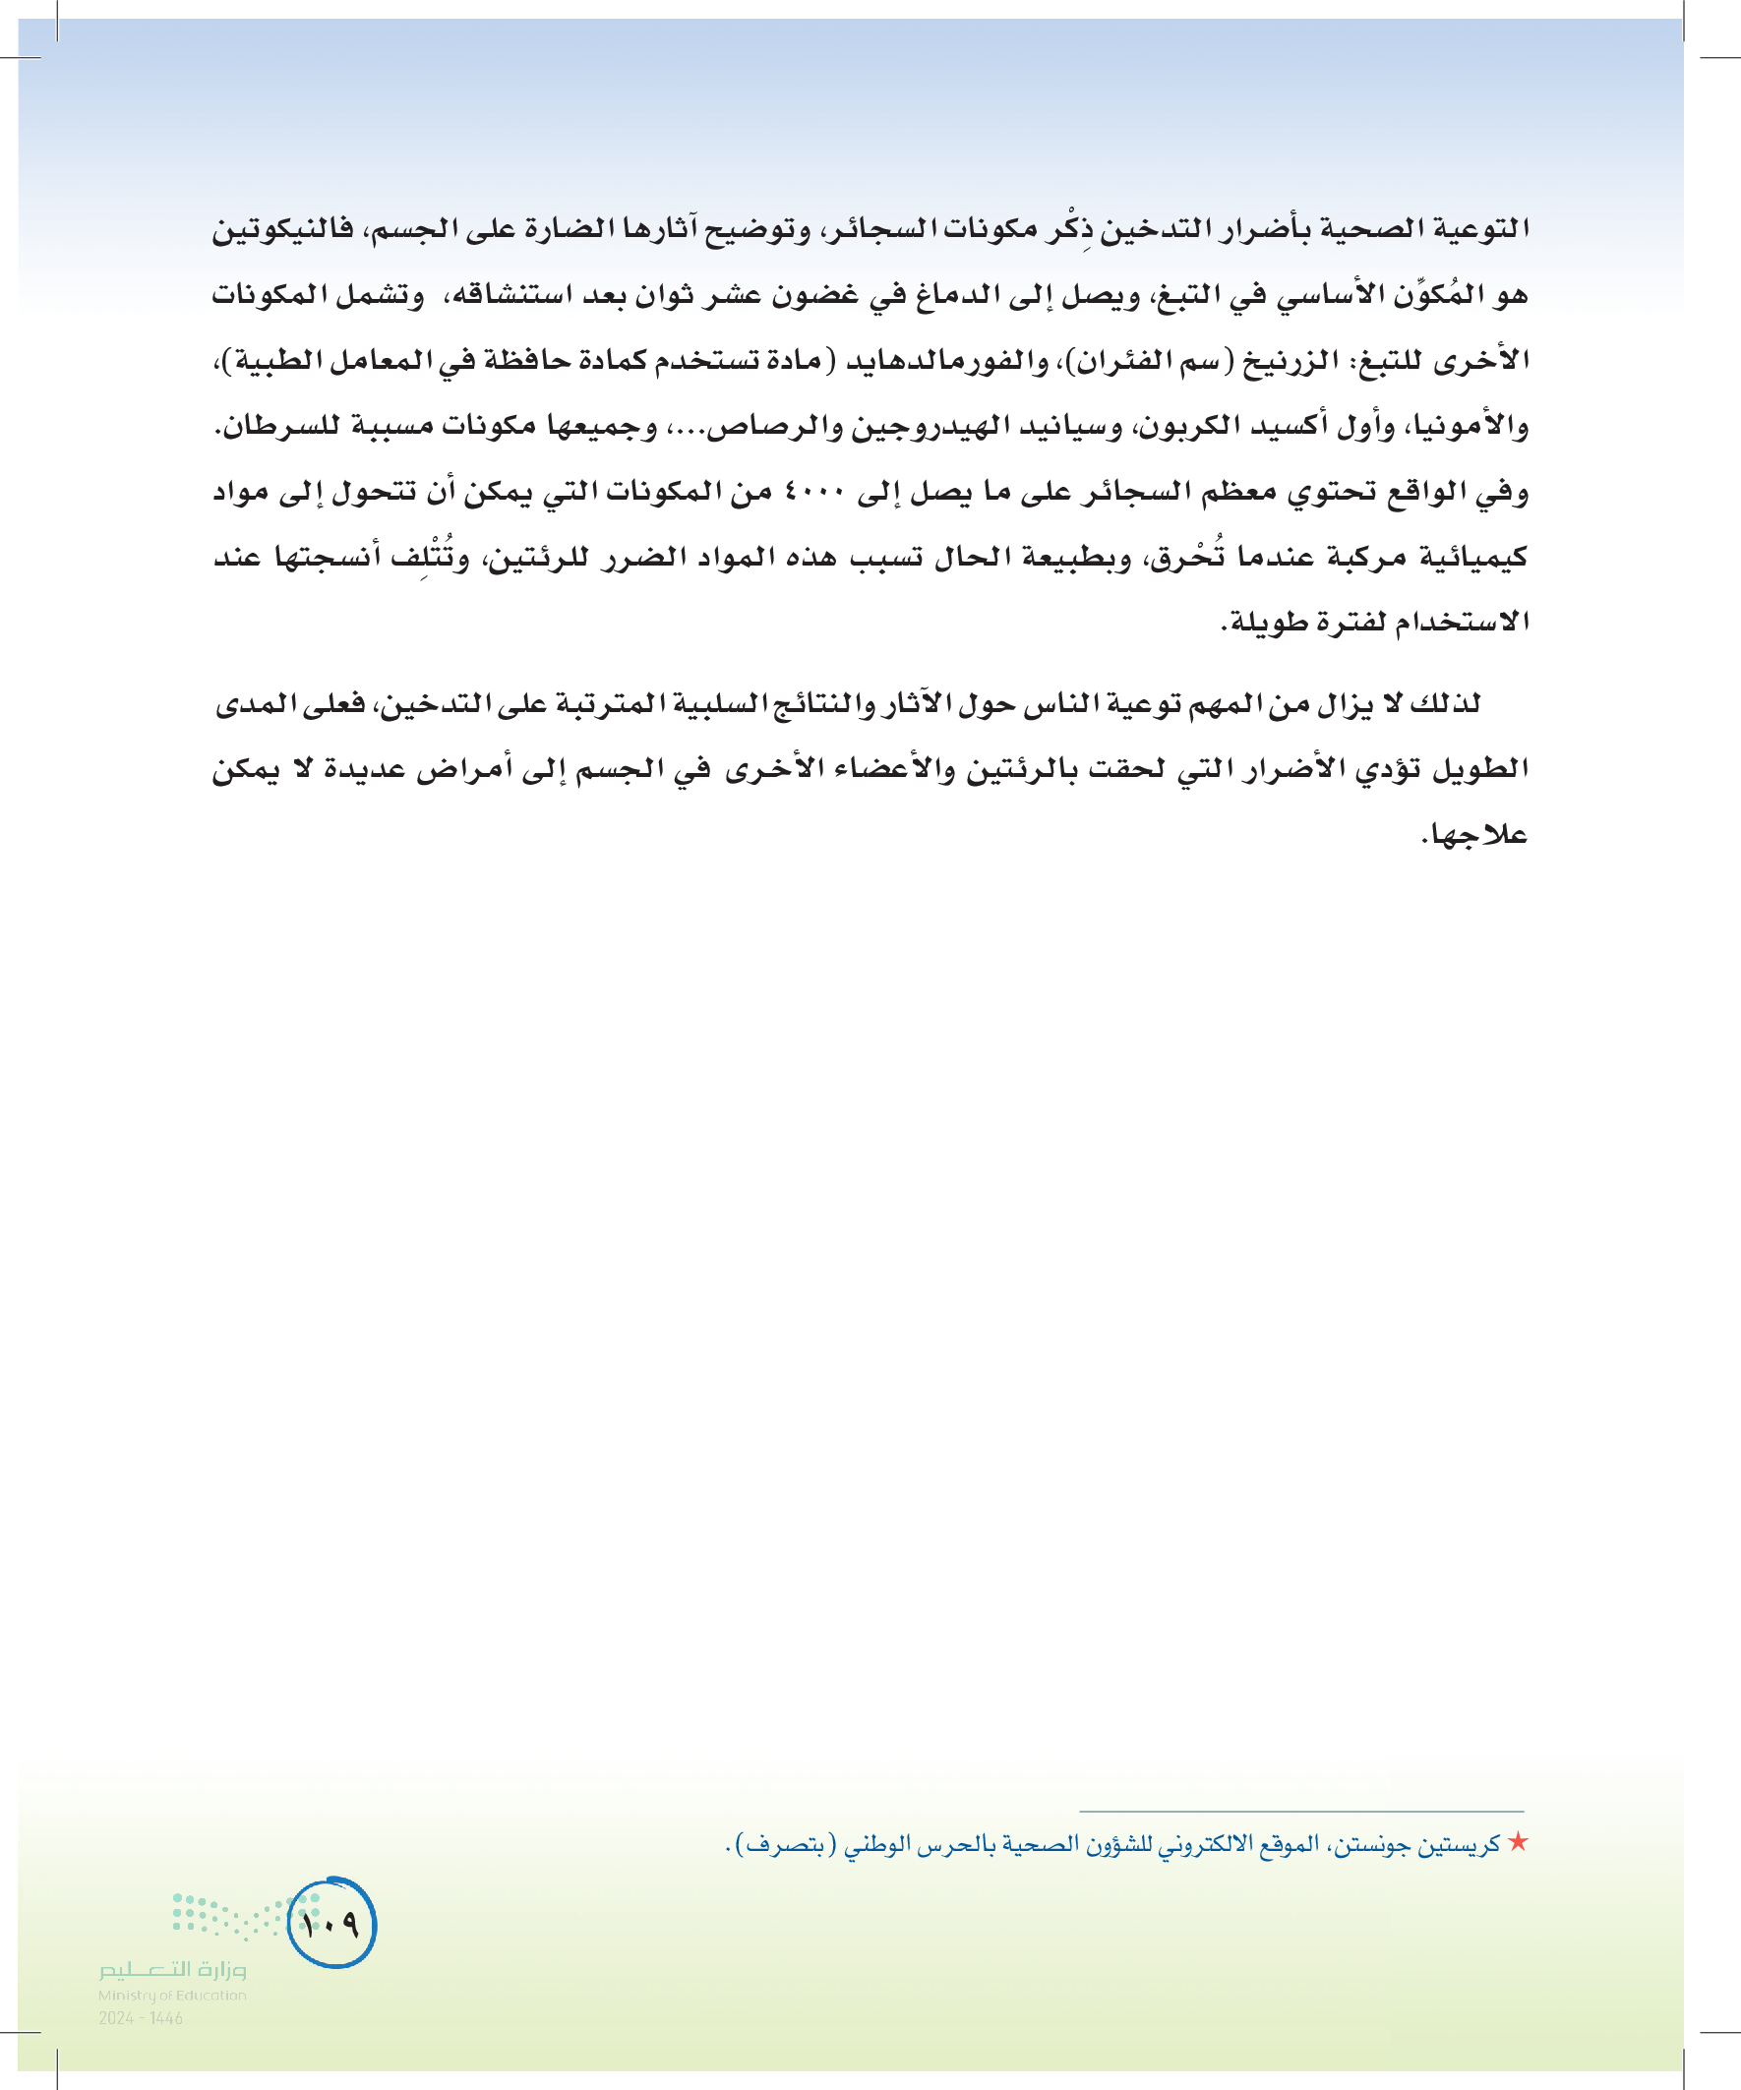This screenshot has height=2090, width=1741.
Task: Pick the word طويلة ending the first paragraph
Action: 1264,623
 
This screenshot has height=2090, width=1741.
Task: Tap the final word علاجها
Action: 1474,835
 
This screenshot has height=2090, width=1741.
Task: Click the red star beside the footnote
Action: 1517,1842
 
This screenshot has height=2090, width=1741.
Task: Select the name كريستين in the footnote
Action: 1463,1844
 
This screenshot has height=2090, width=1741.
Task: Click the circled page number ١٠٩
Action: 331,1923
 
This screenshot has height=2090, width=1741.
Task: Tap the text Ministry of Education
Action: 172,1996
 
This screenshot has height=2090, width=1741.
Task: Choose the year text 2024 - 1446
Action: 141,2018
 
